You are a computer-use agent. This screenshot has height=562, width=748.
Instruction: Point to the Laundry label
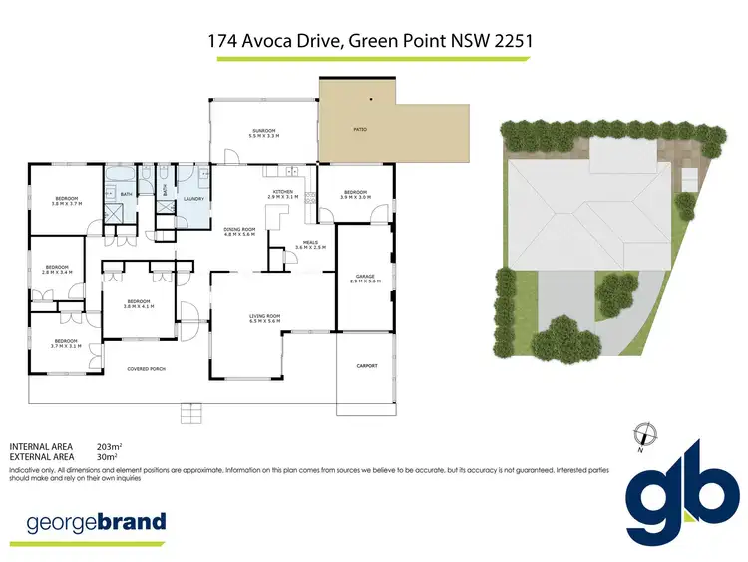point(193,199)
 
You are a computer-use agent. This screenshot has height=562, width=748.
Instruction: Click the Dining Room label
point(240,232)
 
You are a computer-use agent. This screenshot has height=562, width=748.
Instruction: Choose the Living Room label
point(264,318)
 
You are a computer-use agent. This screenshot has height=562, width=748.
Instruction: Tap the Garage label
point(363,279)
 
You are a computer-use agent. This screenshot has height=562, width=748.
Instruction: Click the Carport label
point(366,366)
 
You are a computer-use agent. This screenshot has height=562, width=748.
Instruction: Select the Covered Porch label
point(146,369)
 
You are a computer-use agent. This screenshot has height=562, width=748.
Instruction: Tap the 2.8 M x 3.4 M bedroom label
point(56,269)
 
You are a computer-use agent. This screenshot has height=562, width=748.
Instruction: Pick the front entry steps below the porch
point(189,409)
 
